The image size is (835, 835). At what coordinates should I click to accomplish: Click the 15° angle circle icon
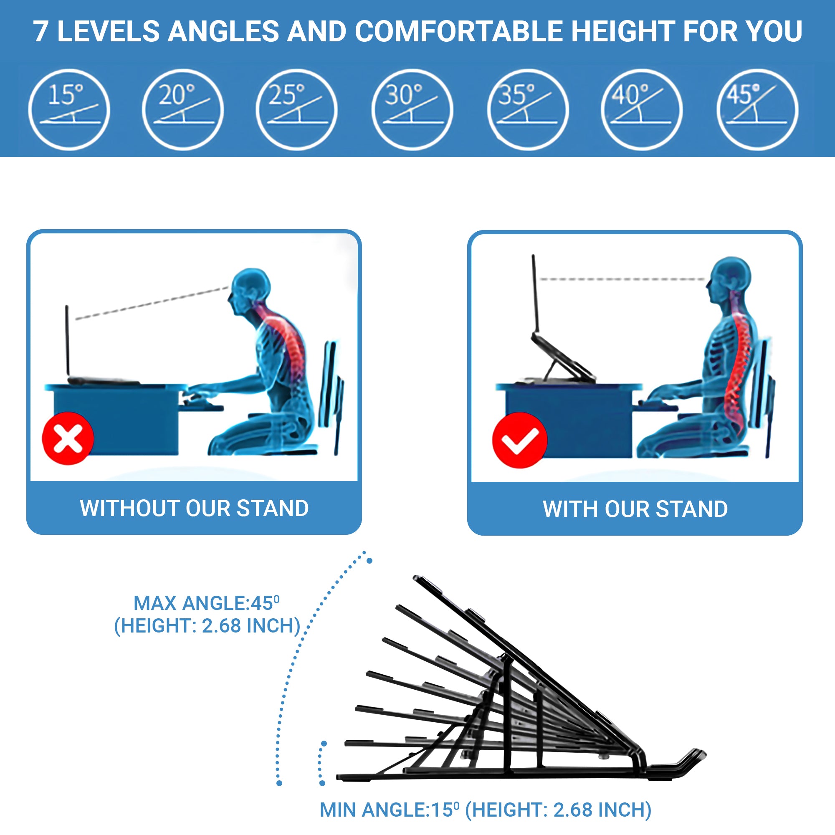(69, 109)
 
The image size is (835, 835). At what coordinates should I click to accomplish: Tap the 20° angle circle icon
(183, 109)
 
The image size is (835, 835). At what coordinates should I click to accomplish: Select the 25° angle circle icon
(296, 109)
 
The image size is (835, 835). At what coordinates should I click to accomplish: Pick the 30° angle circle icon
(412, 109)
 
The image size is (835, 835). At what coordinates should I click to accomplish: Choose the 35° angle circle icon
(528, 109)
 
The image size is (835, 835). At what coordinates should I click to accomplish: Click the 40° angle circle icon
(641, 109)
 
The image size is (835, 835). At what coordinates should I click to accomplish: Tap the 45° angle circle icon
(757, 109)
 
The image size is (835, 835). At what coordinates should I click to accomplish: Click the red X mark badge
(68, 438)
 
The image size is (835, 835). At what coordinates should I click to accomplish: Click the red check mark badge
(519, 440)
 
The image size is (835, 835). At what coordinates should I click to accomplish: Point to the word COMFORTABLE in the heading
(459, 31)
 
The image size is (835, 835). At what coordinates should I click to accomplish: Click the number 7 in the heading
(40, 32)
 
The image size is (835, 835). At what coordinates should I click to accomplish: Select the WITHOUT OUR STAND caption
(194, 508)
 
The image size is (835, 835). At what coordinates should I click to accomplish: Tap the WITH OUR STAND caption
(635, 509)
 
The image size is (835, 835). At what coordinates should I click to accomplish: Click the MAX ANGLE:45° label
(206, 603)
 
